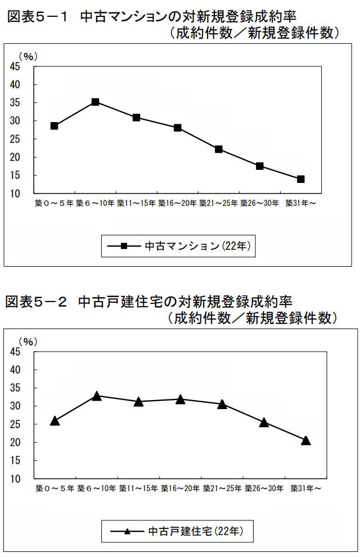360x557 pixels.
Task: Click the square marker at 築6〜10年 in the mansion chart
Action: click(95, 102)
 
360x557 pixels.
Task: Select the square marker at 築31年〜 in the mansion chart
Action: click(301, 179)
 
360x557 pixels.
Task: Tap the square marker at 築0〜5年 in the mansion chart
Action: click(54, 125)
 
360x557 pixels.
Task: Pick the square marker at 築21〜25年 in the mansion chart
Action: click(219, 149)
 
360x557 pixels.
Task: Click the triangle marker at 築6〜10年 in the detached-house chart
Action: click(97, 396)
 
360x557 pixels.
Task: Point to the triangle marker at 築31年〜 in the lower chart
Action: click(306, 441)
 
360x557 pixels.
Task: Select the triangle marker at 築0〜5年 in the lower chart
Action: click(55, 421)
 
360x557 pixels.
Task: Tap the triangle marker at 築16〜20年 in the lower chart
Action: click(180, 399)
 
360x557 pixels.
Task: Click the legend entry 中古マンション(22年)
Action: click(179, 246)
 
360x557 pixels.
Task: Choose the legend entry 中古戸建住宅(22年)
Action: click(179, 531)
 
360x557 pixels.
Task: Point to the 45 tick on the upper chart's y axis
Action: click(15, 66)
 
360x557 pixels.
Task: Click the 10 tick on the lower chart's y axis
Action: click(15, 479)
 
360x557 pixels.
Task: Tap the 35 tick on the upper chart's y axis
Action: click(15, 102)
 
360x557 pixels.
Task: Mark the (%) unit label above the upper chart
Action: click(26, 57)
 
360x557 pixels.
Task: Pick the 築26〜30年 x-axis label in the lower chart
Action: click(264, 488)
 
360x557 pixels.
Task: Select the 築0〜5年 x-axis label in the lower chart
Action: click(55, 488)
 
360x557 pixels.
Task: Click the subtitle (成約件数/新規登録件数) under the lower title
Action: click(253, 318)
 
